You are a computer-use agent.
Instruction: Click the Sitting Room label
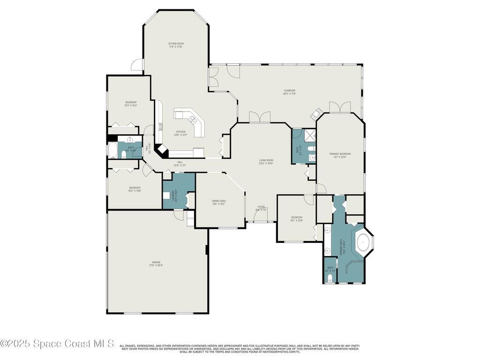click(x=176, y=45)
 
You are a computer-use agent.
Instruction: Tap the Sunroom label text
click(x=289, y=92)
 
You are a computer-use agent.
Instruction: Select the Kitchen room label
click(x=180, y=133)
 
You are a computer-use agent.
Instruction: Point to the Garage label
click(x=156, y=263)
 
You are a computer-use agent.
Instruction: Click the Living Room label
click(x=266, y=162)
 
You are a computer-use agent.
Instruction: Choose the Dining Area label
click(x=219, y=202)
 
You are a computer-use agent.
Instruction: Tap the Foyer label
click(x=261, y=208)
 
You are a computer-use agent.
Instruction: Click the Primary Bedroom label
click(x=340, y=155)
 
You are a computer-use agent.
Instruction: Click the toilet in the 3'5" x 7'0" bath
click(x=330, y=278)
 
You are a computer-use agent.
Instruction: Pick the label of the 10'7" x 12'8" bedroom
click(x=297, y=218)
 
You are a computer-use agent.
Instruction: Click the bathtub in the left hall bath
click(x=113, y=150)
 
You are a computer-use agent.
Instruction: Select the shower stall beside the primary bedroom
click(x=310, y=135)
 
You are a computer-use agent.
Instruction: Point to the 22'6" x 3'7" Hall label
click(x=180, y=164)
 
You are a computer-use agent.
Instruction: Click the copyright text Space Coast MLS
click(x=57, y=344)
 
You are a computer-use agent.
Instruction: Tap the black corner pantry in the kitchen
click(x=162, y=150)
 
